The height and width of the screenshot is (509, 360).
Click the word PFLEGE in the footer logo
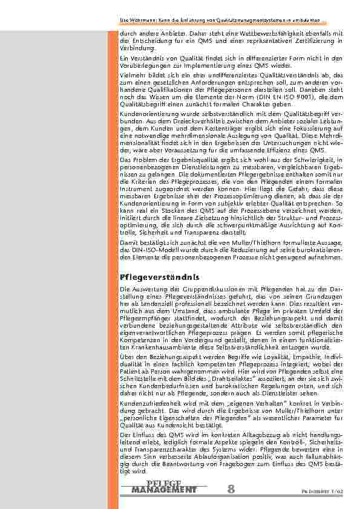point(164,484)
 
